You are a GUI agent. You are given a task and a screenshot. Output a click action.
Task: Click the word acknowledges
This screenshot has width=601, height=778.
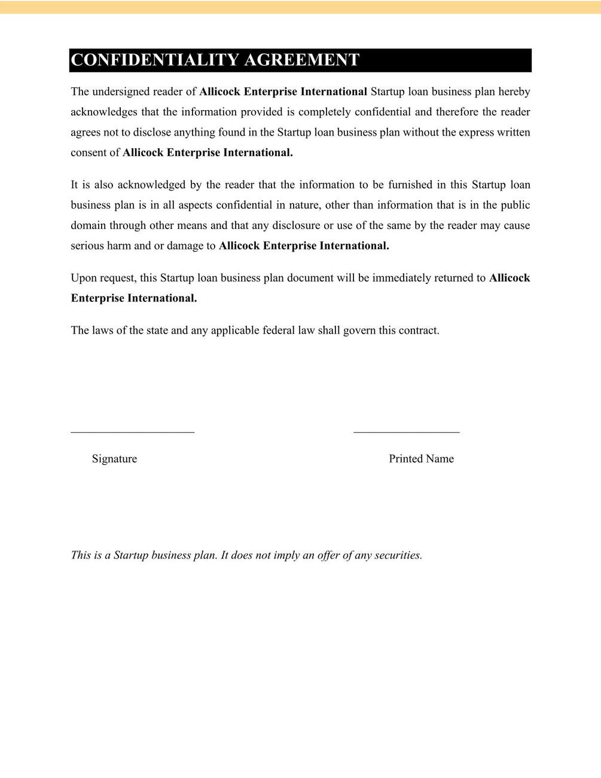click(104, 112)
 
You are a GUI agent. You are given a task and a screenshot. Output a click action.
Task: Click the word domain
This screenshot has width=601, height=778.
click(88, 225)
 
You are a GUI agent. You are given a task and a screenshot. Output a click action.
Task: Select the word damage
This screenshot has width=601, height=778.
click(185, 246)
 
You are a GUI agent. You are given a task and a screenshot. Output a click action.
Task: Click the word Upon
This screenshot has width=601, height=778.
click(83, 278)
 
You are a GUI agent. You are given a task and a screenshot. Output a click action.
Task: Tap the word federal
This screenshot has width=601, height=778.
click(279, 331)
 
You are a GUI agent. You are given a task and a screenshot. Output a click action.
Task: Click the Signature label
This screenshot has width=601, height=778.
click(114, 459)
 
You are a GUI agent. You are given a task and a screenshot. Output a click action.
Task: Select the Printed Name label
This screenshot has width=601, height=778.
click(421, 459)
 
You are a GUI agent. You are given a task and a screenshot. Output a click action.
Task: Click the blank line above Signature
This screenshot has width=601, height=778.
click(132, 431)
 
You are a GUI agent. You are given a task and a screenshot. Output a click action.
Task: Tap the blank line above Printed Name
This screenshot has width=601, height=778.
click(406, 431)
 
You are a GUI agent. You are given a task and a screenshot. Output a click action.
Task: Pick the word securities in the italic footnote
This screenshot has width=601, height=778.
click(398, 555)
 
